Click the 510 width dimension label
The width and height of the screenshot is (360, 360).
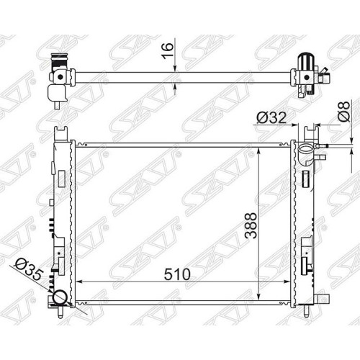click(x=177, y=274)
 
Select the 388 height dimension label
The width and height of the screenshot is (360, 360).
click(x=251, y=225)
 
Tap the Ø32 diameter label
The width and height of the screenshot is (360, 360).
click(x=271, y=117)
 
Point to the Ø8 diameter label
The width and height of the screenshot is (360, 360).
click(x=344, y=111)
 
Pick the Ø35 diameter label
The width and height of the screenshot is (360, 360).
click(x=29, y=269)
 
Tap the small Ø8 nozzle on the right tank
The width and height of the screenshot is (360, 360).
click(x=322, y=145)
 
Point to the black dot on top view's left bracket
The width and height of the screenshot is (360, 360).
click(x=60, y=77)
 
